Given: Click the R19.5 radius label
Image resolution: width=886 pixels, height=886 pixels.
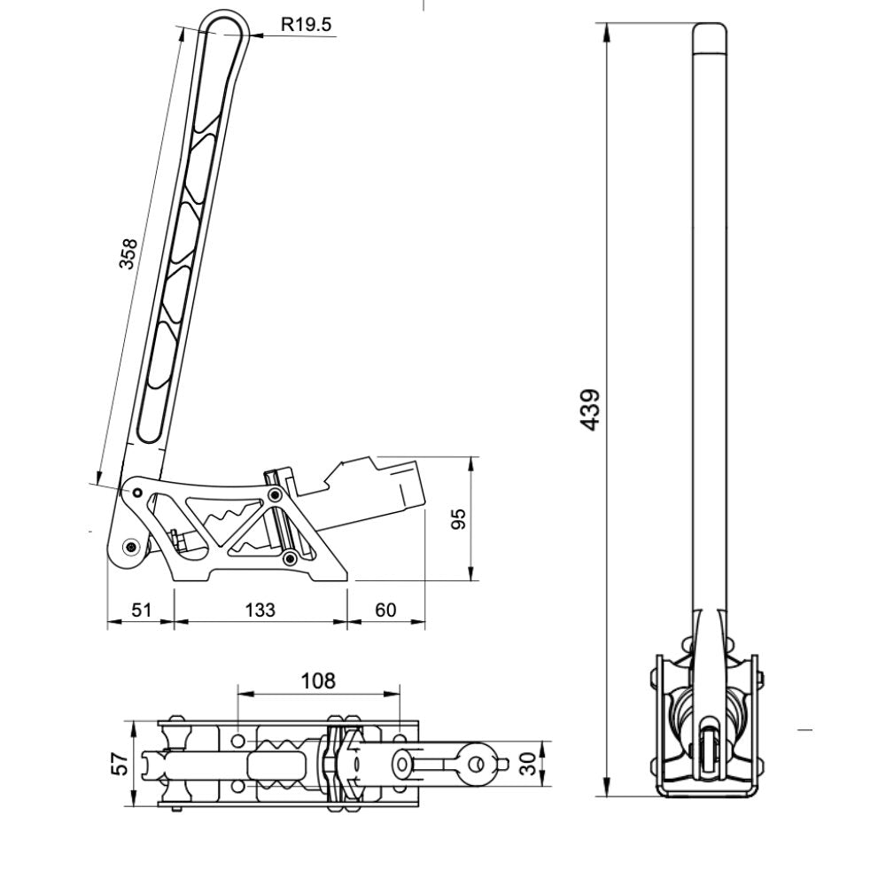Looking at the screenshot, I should pos(306,25).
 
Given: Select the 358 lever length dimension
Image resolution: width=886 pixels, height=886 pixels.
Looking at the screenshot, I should pos(130,254).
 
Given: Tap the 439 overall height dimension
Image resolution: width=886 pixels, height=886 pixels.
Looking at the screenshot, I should pos(591,409).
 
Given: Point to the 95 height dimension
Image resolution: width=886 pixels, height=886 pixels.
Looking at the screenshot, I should pos(459,519).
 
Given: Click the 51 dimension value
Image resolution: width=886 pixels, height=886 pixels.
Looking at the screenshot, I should pos(142,610).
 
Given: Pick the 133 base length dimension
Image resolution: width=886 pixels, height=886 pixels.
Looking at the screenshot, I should pos(260,610).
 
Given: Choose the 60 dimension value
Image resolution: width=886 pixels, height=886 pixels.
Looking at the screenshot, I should pos(385,610).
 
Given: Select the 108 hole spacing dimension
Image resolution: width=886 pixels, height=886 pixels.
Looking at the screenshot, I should pos(318,680).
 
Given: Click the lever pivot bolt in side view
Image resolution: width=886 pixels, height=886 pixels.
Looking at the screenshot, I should pos(132,547).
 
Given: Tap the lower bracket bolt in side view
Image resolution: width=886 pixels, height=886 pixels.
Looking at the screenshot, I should pos(288,557).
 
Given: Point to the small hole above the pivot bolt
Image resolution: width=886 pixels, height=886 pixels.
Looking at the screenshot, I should pos(137,492).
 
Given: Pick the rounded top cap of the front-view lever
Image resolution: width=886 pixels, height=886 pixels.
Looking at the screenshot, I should pos(710,37).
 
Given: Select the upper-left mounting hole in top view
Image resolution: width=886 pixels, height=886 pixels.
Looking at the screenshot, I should pos(239,739).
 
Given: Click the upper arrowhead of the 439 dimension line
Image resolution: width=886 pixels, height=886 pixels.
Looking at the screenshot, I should pos(609,31).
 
